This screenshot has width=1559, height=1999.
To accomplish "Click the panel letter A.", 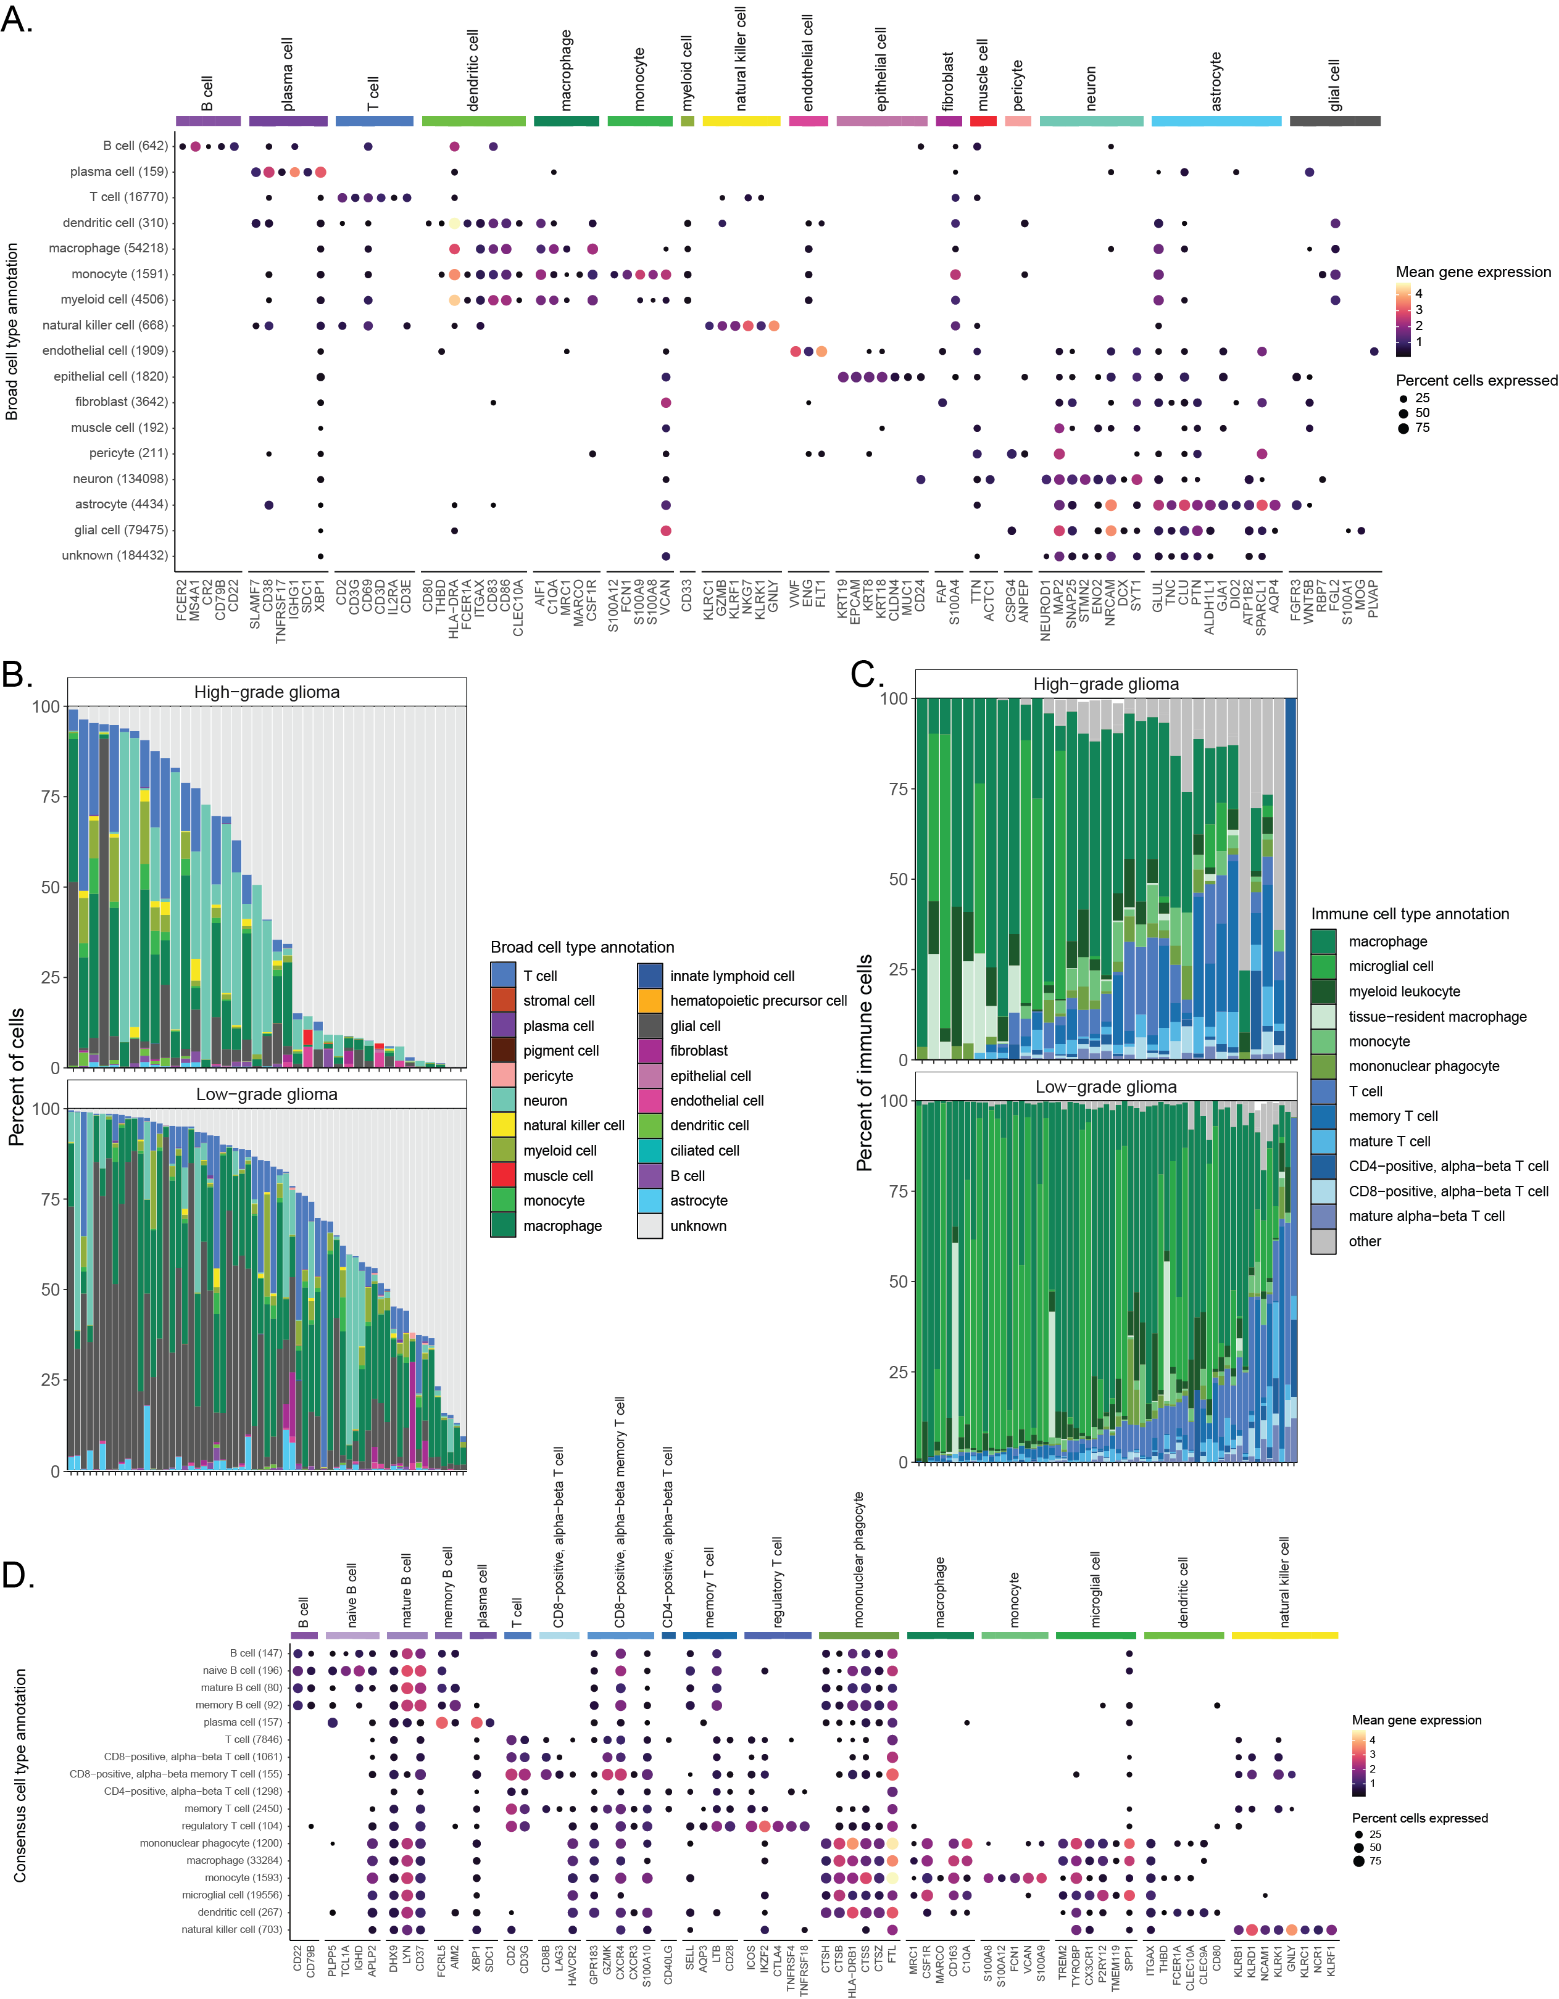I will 17,20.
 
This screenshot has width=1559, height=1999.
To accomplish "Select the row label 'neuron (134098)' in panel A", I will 120,479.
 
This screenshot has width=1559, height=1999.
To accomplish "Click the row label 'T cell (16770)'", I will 128,197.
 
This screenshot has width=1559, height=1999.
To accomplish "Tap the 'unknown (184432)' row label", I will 114,555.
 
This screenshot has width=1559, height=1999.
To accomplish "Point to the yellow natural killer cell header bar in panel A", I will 741,121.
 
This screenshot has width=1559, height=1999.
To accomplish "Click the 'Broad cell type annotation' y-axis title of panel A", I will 12,331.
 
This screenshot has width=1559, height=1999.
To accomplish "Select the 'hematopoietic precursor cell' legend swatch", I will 650,1000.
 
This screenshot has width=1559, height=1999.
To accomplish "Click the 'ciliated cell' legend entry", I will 704,1151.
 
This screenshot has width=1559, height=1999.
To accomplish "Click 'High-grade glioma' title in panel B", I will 267,692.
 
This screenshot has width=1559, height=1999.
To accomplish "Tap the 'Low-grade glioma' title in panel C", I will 1106,1086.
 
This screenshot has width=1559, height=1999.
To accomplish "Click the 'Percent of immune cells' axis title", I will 864,1062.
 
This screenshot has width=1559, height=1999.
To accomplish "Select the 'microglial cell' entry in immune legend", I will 1391,967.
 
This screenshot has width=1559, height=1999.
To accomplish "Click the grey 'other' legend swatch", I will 1323,1241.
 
